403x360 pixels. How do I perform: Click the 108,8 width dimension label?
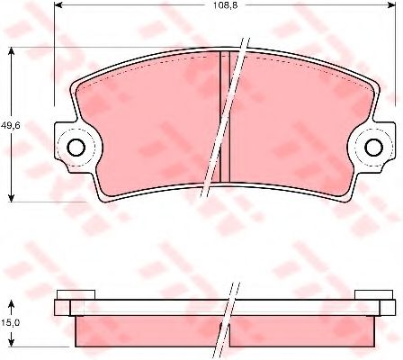click(x=225, y=5)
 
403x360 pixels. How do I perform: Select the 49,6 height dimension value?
click(x=10, y=126)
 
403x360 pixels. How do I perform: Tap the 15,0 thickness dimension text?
click(x=10, y=323)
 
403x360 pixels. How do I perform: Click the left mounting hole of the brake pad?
click(x=76, y=148)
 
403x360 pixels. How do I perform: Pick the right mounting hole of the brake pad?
click(x=373, y=148)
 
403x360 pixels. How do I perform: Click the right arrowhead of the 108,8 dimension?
click(x=391, y=4)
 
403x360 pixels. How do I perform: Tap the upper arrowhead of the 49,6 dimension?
click(x=11, y=52)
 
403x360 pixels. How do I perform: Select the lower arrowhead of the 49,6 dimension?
click(x=11, y=196)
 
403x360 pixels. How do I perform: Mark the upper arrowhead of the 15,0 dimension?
click(x=11, y=305)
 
